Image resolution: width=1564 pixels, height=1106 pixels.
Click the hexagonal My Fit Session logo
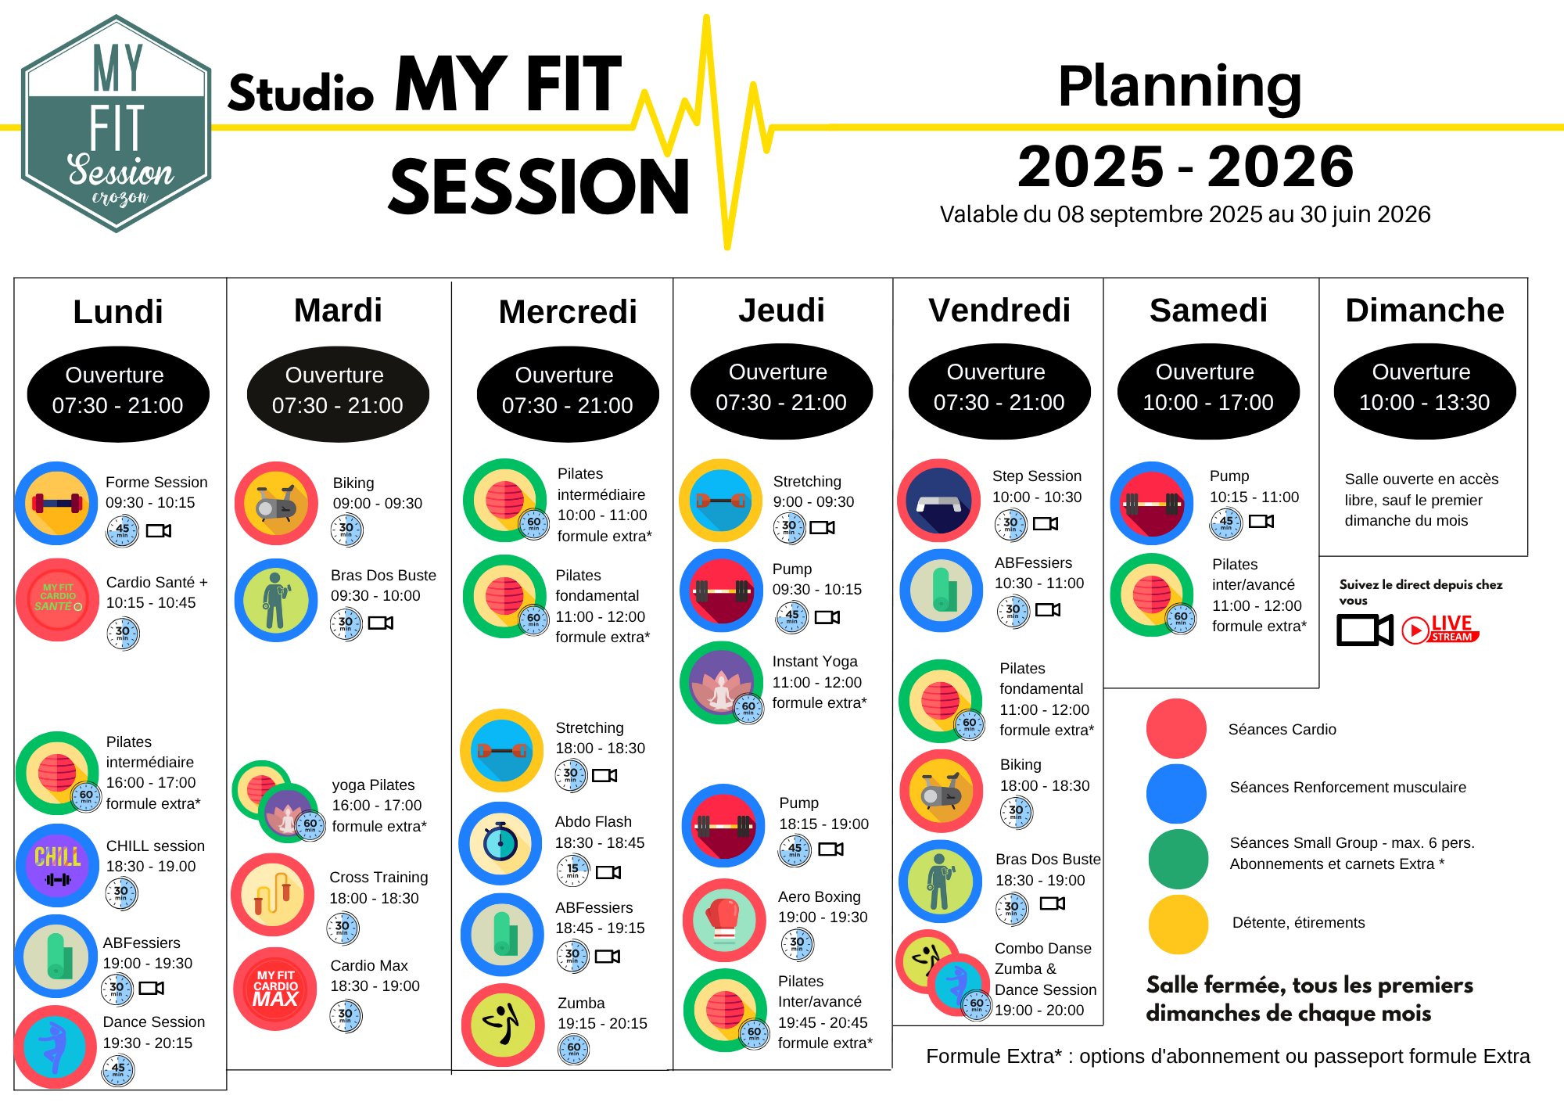point(117,124)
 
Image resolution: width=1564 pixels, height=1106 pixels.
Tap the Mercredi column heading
point(568,311)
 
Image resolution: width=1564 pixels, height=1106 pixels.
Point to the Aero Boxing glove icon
point(724,921)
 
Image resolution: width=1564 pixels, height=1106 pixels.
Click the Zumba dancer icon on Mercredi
point(503,1025)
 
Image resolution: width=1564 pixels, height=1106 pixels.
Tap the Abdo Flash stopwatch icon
point(500,843)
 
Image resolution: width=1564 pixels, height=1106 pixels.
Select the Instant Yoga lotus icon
point(721,683)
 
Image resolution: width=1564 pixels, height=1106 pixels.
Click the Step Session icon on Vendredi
point(938,501)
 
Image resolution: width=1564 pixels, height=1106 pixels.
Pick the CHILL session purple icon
point(57,865)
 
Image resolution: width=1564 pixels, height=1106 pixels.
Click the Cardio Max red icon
point(275,989)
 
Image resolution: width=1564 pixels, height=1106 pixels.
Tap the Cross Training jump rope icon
point(273,895)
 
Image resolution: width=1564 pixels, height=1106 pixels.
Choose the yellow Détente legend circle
point(1178,925)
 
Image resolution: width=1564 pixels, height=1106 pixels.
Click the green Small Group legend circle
point(1178,859)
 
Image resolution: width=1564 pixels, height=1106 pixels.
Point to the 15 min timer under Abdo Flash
point(572,871)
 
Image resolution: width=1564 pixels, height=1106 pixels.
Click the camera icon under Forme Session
point(159,531)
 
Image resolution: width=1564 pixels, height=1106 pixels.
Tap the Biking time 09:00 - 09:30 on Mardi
point(378,504)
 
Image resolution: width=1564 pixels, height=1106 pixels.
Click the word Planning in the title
point(1179,88)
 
